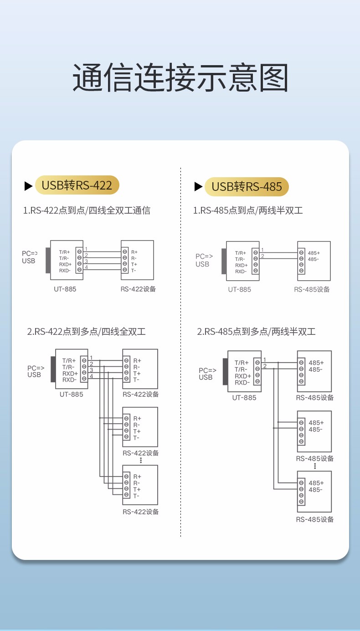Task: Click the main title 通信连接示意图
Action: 180,78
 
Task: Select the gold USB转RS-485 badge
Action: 247,186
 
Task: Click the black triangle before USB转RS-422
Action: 28,186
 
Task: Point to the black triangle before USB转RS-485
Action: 198,186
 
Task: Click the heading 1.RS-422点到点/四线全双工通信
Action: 87,210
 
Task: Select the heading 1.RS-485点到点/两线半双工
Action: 248,210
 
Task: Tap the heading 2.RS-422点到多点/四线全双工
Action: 87,332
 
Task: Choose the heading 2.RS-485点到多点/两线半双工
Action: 256,332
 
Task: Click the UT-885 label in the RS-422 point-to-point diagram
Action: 65,289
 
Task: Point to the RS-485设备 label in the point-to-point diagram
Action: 312,289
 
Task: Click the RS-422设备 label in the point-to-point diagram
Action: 138,289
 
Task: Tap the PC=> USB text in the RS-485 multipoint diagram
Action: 206,374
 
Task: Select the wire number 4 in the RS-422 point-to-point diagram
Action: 86,267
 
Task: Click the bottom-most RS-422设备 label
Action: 141,512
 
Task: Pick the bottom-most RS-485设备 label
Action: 315,519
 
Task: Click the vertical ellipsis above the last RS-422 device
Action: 141,460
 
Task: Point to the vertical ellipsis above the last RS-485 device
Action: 315,466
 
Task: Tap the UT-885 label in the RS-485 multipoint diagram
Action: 244,397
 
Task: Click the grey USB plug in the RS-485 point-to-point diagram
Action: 224,261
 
